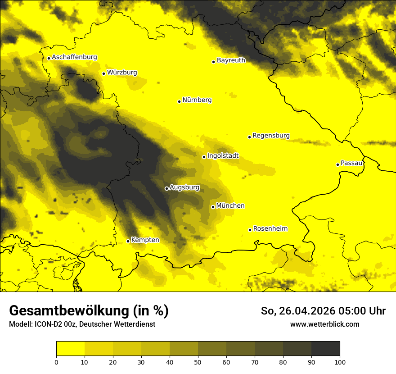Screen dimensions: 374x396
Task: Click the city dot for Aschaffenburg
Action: click(x=49, y=58)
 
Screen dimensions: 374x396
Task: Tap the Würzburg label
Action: click(x=122, y=73)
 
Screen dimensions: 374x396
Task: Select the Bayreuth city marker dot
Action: click(x=213, y=62)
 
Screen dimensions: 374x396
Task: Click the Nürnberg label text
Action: click(x=197, y=100)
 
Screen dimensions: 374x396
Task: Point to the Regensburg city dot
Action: click(x=249, y=137)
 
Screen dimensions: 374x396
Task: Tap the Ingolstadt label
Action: click(x=223, y=156)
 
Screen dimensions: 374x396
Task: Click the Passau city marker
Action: click(x=337, y=164)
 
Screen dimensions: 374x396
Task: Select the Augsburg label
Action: click(x=184, y=187)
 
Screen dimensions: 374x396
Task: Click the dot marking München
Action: click(x=213, y=207)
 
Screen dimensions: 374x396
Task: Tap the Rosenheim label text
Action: click(x=270, y=229)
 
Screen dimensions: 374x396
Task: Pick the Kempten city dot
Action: click(x=128, y=241)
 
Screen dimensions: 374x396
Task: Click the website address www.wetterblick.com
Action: click(x=324, y=324)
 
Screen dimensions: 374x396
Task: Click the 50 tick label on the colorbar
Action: click(x=198, y=361)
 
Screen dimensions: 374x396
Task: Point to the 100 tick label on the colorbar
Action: click(x=340, y=361)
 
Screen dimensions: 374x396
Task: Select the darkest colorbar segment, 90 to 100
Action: click(x=325, y=349)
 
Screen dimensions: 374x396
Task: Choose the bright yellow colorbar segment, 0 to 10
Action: click(x=70, y=349)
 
